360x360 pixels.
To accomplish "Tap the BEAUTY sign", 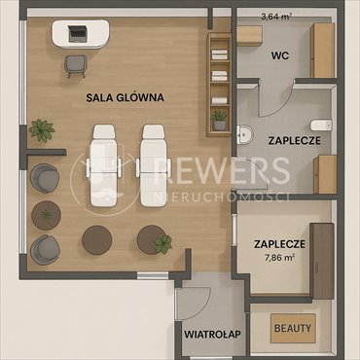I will pos(292,328).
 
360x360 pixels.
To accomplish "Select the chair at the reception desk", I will pos(75,63).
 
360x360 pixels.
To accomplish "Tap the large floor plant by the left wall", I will pos(41,128).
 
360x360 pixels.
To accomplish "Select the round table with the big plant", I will pos(154,238).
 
